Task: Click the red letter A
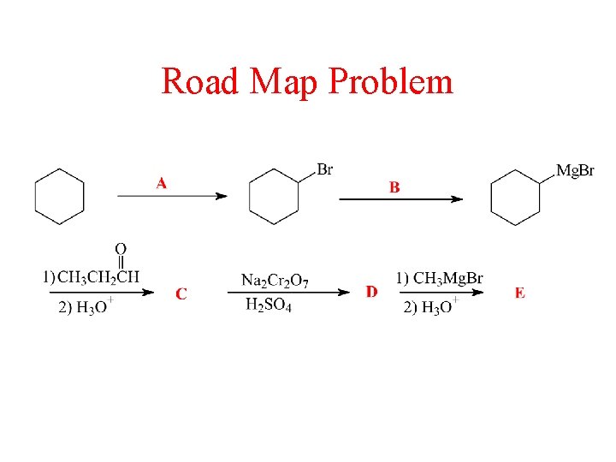[162, 183]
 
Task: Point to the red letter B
[394, 187]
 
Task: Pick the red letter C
[181, 294]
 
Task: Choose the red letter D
[371, 293]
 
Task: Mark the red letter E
[520, 293]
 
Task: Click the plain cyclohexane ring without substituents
[59, 197]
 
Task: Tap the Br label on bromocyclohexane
[325, 169]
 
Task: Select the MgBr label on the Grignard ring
[575, 171]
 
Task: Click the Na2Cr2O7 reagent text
[275, 280]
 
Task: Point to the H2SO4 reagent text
[268, 305]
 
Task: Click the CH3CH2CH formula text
[98, 276]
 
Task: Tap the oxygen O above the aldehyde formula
[121, 248]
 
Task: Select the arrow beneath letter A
[172, 196]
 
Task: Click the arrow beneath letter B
[400, 199]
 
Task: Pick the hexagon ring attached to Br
[274, 197]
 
